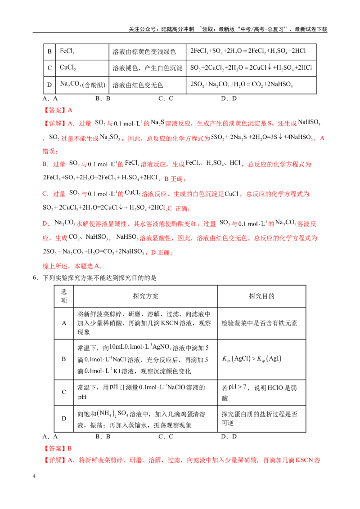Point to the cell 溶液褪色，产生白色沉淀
pyautogui.click(x=148, y=68)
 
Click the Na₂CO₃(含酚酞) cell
pyautogui.click(x=82, y=85)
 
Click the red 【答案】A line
pyautogui.click(x=58, y=110)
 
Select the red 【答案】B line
pyautogui.click(x=57, y=448)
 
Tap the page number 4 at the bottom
pyautogui.click(x=34, y=476)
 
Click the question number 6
pyautogui.click(x=35, y=277)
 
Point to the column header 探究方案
pyautogui.click(x=145, y=296)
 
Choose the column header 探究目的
pyautogui.click(x=261, y=296)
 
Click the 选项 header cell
pyautogui.click(x=64, y=296)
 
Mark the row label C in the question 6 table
pyautogui.click(x=64, y=392)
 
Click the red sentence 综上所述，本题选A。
pyautogui.click(x=73, y=266)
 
